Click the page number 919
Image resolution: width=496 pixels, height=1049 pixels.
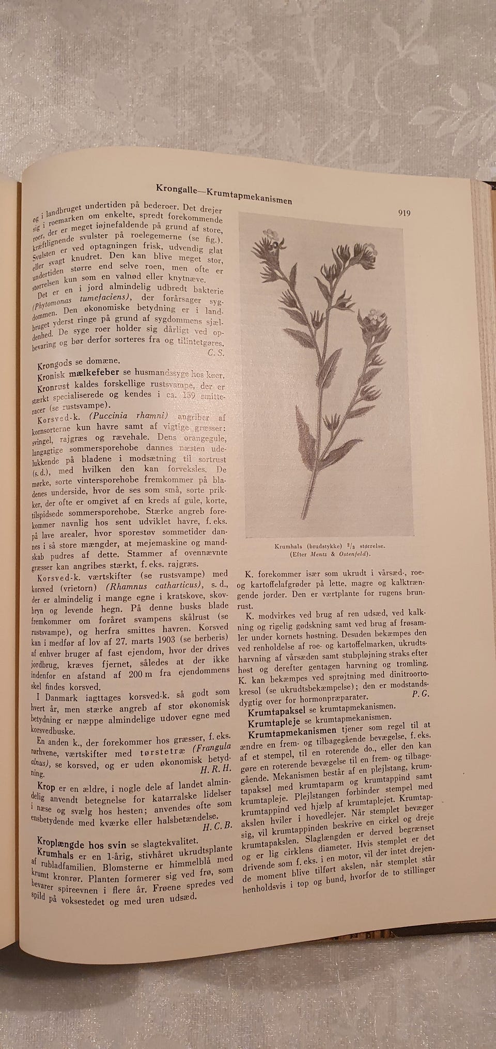click(x=405, y=213)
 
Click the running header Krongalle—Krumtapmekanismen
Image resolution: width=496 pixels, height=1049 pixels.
click(x=224, y=193)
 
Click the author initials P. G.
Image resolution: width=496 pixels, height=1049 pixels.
click(x=421, y=694)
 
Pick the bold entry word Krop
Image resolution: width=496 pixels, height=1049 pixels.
click(x=41, y=786)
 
